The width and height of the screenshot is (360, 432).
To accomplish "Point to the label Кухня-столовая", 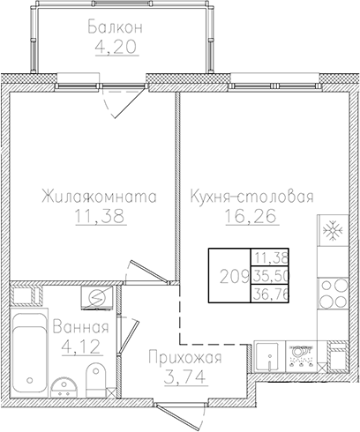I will pos(251,198).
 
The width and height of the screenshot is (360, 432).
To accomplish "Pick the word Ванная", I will pos(81,328).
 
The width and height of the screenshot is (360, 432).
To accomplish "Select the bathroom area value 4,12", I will pos(81,347).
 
